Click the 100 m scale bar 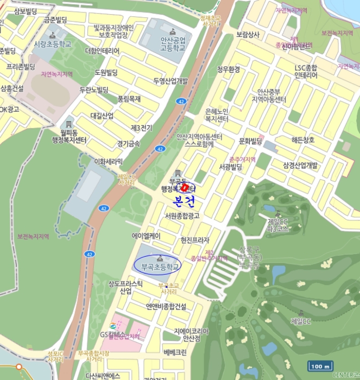[320, 366]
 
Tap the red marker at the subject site [185, 188]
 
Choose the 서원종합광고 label [182, 216]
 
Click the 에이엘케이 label [146, 236]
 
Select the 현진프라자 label [195, 240]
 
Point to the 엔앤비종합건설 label [166, 306]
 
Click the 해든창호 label [302, 140]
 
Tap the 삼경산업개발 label [300, 165]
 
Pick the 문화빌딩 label [250, 141]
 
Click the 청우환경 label [228, 69]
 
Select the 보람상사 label [248, 34]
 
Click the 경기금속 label [128, 143]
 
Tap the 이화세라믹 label [109, 161]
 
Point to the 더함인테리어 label [102, 51]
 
